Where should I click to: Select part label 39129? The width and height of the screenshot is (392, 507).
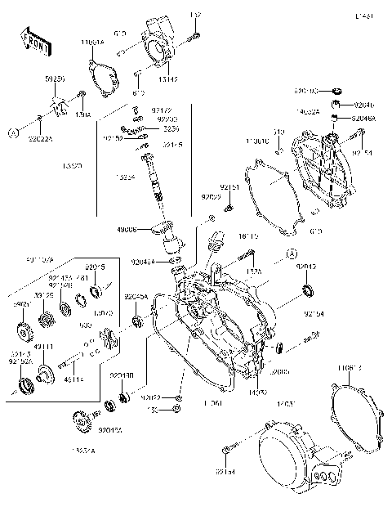(x=42, y=294)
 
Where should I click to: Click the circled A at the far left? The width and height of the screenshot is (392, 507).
(x=14, y=131)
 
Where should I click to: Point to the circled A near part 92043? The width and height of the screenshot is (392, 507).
(x=289, y=254)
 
